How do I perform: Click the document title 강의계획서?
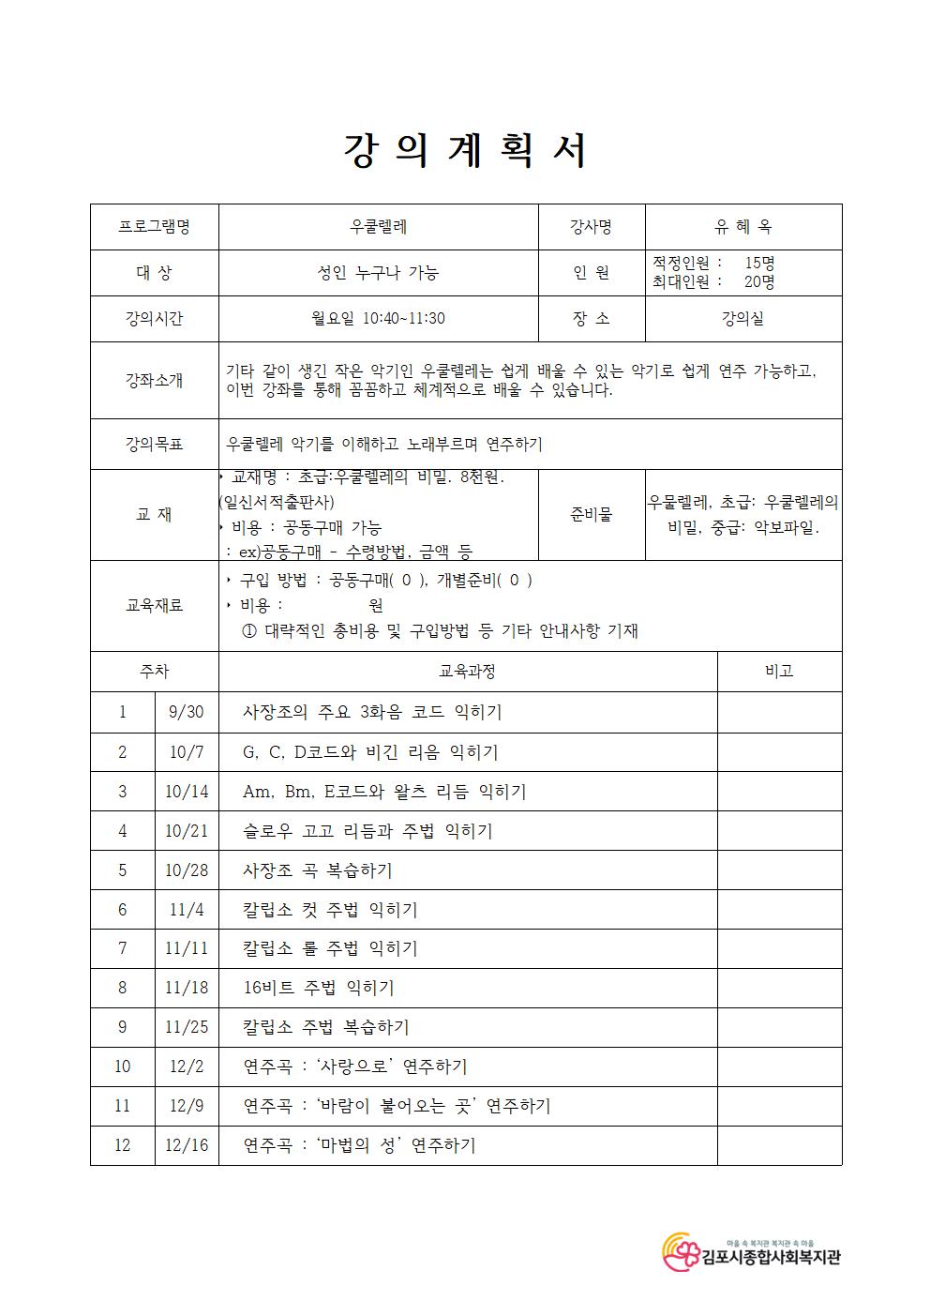pyautogui.click(x=465, y=150)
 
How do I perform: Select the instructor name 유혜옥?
pyautogui.click(x=742, y=227)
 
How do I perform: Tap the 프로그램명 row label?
pyautogui.click(x=155, y=227)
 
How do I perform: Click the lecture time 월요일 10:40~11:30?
pyautogui.click(x=378, y=319)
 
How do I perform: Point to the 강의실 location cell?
pyautogui.click(x=742, y=319)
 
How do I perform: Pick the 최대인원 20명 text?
pyautogui.click(x=713, y=281)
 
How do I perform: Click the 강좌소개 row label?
pyautogui.click(x=155, y=380)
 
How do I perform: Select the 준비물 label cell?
pyautogui.click(x=592, y=514)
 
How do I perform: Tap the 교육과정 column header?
pyautogui.click(x=467, y=672)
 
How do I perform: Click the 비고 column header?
pyautogui.click(x=779, y=672)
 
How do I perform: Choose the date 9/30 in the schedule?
pyautogui.click(x=187, y=712)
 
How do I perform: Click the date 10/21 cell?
pyautogui.click(x=187, y=831)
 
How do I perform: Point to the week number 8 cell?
pyautogui.click(x=123, y=988)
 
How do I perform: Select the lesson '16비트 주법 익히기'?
pyautogui.click(x=319, y=988)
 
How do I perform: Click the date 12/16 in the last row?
pyautogui.click(x=187, y=1145)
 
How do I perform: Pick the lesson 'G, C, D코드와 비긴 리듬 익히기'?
pyautogui.click(x=370, y=752)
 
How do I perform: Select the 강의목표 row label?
pyautogui.click(x=155, y=444)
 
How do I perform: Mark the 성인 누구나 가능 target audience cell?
pyautogui.click(x=378, y=273)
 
